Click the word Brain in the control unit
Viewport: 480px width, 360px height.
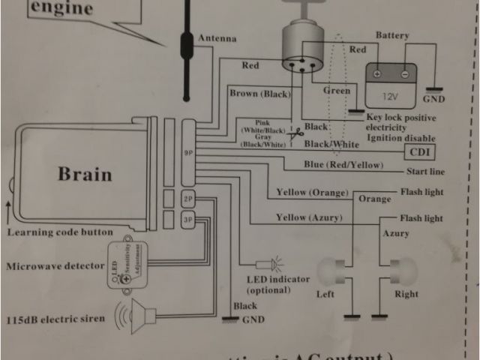(85, 174)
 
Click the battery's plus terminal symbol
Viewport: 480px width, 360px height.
(378, 74)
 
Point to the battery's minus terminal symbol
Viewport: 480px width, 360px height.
(404, 74)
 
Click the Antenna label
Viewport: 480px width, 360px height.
(216, 38)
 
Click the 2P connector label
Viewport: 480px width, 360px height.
(188, 199)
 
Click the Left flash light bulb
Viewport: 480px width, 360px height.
(334, 268)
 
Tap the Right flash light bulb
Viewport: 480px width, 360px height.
(397, 268)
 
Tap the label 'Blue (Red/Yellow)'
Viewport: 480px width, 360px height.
(334, 165)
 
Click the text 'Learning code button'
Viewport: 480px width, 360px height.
(60, 232)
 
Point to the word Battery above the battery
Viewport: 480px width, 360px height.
(392, 35)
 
